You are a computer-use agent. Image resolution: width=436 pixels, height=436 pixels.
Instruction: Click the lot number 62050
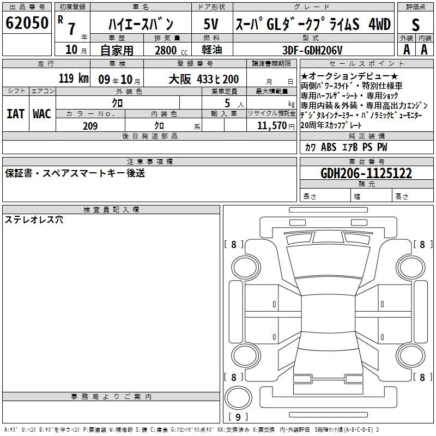27,23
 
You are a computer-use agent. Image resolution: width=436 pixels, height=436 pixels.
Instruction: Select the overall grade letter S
415,25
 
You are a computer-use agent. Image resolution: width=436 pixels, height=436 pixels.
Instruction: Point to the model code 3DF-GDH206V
312,50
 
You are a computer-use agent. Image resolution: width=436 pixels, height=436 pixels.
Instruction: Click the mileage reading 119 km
74,78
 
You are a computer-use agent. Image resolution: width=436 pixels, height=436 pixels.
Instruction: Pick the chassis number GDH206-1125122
366,173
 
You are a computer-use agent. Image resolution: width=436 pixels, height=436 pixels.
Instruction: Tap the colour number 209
90,126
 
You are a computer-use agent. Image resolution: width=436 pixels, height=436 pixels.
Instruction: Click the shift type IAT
16,114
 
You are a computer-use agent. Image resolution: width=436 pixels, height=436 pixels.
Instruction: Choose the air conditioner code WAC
42,114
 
